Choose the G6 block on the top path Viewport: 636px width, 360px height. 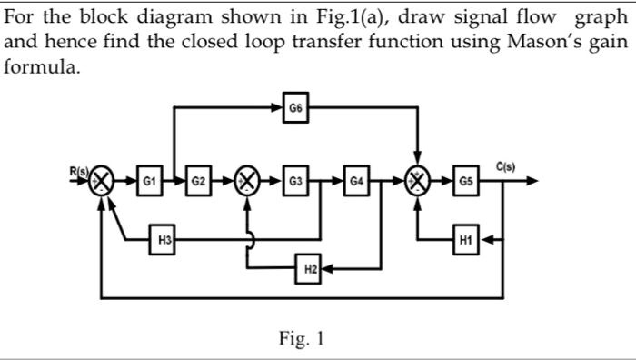[x=295, y=108]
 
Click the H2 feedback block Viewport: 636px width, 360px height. [x=310, y=268]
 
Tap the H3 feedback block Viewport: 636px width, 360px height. [x=164, y=240]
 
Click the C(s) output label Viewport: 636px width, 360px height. [x=506, y=166]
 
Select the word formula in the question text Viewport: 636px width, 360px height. [x=41, y=68]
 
